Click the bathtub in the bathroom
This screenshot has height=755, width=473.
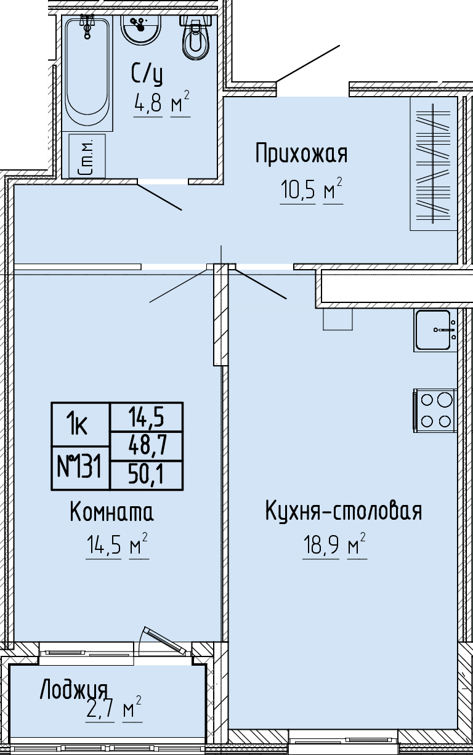(87, 73)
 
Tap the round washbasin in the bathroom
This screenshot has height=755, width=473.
(141, 29)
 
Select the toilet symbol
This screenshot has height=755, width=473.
(196, 38)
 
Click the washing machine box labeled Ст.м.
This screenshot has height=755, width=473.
(87, 156)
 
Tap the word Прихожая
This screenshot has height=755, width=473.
(301, 154)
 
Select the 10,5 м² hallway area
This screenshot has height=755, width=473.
(311, 190)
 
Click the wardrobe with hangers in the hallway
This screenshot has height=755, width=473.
(434, 164)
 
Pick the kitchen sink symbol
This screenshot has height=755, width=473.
(435, 330)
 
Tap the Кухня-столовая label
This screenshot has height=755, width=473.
(344, 511)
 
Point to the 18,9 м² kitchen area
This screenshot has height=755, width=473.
(334, 546)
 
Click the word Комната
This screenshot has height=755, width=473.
(111, 512)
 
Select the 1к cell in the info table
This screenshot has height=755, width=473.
(81, 425)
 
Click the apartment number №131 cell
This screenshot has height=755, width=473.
(81, 468)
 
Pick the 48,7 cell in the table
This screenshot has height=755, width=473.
(147, 445)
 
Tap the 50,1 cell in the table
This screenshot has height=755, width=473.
(147, 475)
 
